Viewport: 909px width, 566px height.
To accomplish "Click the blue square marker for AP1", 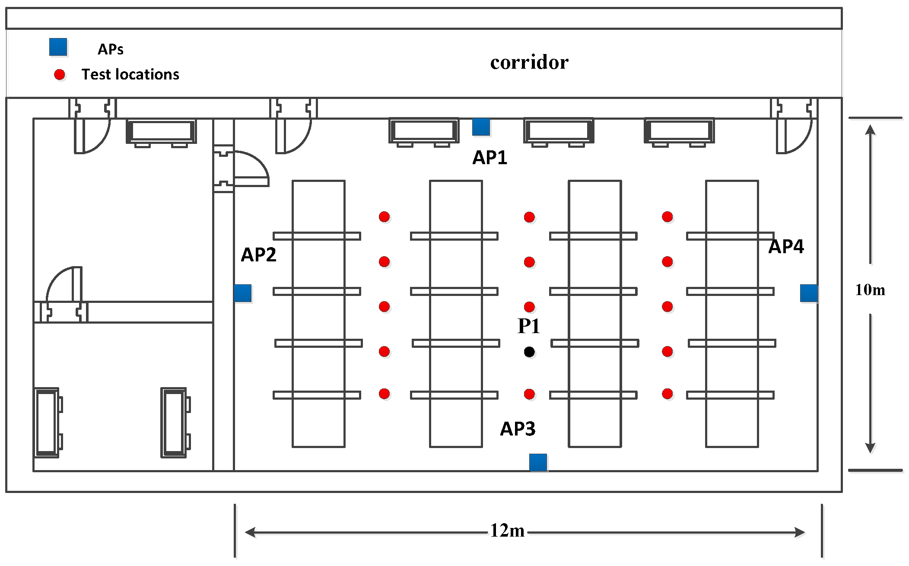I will [x=481, y=127].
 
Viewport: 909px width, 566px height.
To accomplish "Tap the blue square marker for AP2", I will [x=242, y=293].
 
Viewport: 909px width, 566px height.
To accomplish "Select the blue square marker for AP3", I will [x=538, y=462].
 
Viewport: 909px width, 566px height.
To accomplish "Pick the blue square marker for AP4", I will [x=808, y=293].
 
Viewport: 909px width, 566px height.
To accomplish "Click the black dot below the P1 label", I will [x=529, y=352].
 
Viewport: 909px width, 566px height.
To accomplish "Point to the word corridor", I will [x=529, y=62].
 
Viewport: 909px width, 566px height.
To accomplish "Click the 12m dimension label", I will [x=507, y=531].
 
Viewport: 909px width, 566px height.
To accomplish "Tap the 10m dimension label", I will [x=870, y=289].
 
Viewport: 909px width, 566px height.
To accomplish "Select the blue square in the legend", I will [x=58, y=47].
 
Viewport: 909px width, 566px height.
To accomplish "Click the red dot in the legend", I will [x=59, y=75].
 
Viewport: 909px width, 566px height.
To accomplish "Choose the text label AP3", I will [x=518, y=429].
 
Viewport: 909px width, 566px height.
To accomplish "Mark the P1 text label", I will [x=528, y=326].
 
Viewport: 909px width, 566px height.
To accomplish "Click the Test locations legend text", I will [x=130, y=74].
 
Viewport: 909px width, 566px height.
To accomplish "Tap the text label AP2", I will [x=258, y=254].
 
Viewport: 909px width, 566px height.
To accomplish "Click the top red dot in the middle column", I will [x=529, y=217].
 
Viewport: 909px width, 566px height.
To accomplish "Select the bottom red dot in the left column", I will [x=384, y=393].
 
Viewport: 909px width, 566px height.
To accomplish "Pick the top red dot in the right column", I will [x=667, y=216].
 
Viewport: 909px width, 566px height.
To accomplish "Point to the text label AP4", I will [x=786, y=246].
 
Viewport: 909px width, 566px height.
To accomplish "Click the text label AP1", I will [x=489, y=157].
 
